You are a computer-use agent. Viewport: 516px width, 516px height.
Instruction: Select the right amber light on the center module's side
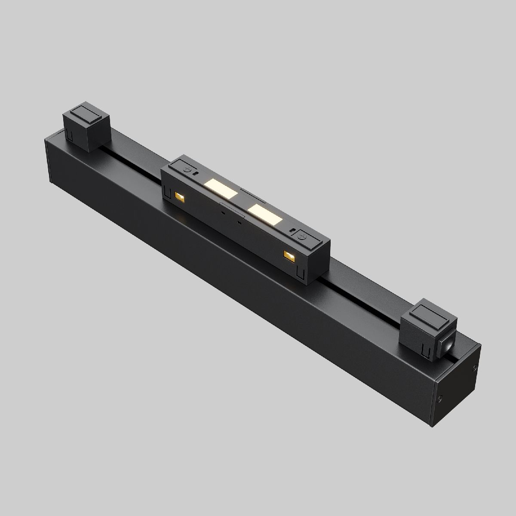[x=289, y=257]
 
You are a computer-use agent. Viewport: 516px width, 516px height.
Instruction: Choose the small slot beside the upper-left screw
[x=195, y=174]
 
